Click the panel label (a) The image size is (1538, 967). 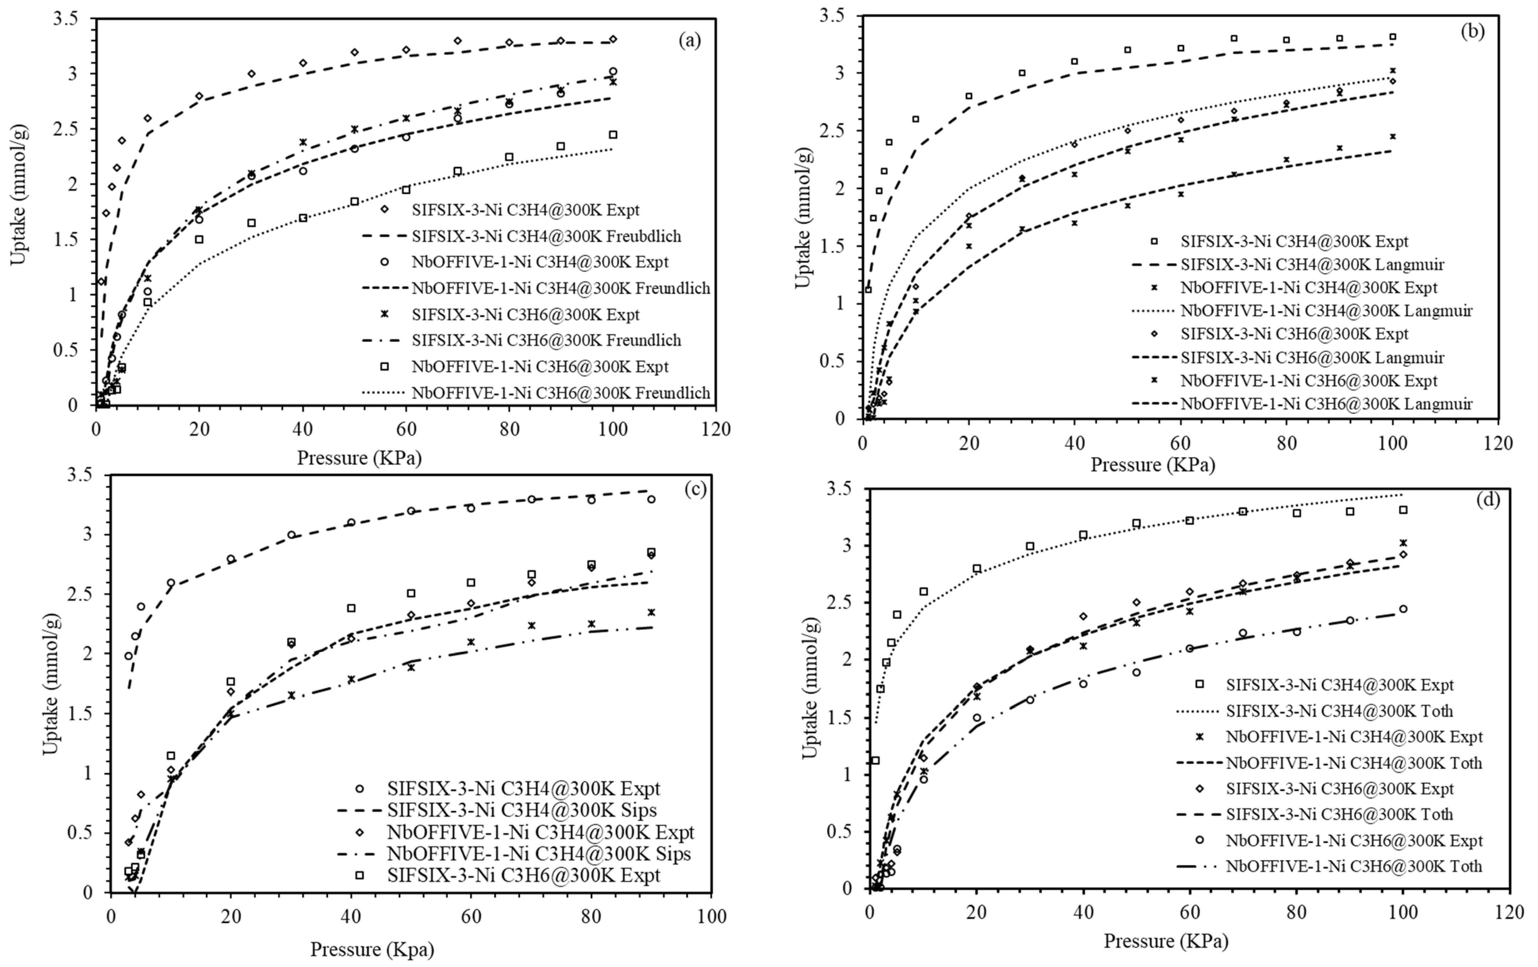click(689, 41)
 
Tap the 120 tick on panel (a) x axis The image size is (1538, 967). click(715, 429)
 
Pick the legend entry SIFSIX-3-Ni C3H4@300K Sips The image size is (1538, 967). click(521, 810)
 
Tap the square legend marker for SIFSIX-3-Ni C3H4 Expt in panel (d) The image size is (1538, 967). click(1200, 684)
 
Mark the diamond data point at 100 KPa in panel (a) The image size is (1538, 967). click(613, 40)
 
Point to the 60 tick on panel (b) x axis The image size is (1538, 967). click(1180, 443)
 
